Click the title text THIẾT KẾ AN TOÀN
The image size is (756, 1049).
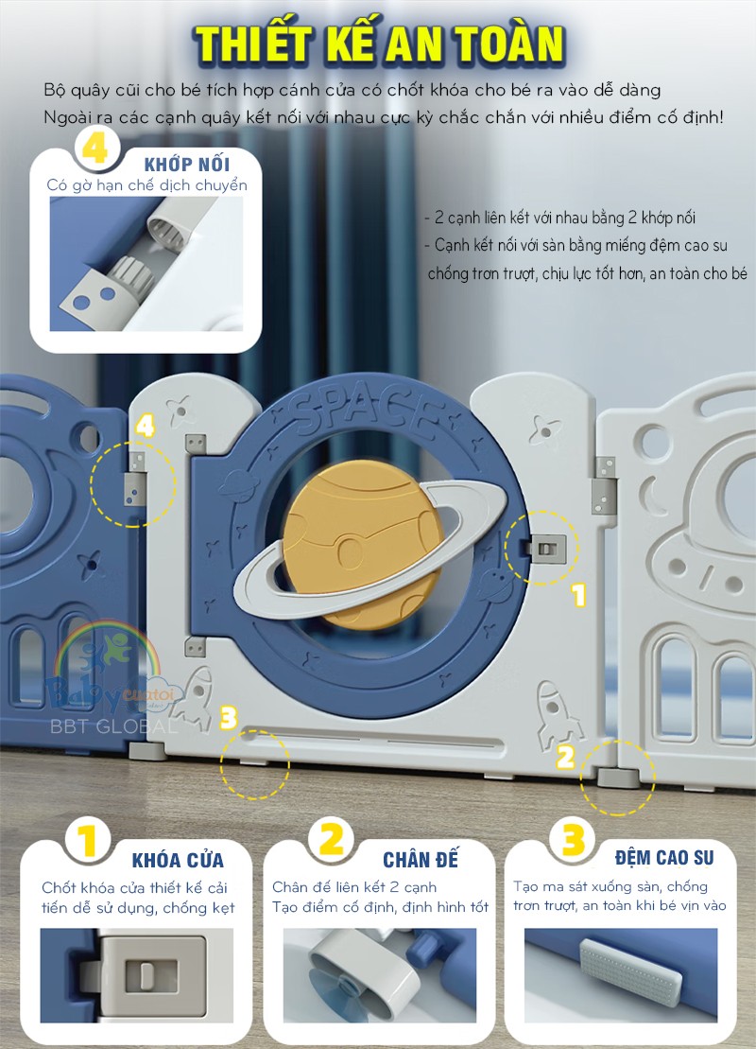tap(379, 45)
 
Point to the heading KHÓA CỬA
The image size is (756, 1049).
tap(178, 860)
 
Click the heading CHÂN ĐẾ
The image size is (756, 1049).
tap(421, 859)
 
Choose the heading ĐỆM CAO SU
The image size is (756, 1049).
tap(664, 858)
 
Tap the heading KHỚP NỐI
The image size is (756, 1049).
tap(187, 164)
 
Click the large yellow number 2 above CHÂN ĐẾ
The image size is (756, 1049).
tap(332, 838)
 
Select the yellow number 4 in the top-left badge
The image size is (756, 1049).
tap(94, 149)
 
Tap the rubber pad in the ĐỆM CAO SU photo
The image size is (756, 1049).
tap(631, 968)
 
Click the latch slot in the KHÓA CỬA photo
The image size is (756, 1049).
tap(152, 975)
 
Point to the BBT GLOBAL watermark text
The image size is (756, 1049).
tap(113, 726)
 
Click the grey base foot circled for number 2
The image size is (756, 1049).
tap(618, 778)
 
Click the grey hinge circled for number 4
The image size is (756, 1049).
tap(136, 480)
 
